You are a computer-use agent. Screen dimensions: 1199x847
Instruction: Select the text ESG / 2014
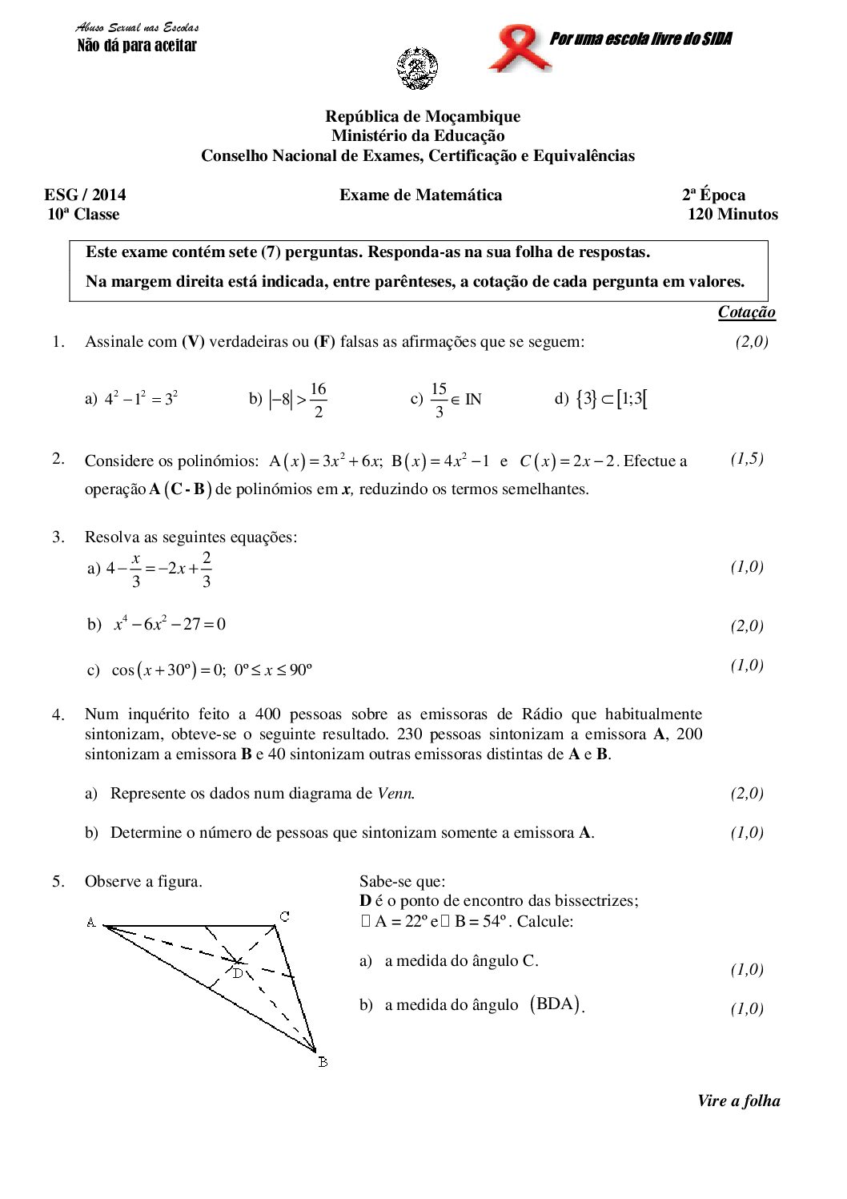coord(85,195)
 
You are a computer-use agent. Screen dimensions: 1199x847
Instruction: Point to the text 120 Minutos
coord(733,214)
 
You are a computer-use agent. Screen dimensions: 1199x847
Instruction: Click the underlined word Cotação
coord(746,312)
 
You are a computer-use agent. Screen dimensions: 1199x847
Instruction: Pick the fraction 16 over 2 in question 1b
coord(318,400)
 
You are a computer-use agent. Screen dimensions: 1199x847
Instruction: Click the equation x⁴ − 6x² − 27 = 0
coord(170,624)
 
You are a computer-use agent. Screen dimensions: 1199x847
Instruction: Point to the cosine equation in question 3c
coord(211,670)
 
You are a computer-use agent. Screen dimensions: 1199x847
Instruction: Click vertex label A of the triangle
coord(91,923)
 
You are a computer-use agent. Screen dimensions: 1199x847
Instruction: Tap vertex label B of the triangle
coord(322,1063)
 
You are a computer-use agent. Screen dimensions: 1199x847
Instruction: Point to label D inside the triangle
coord(238,973)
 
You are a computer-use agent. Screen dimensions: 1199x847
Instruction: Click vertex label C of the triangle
coord(284,915)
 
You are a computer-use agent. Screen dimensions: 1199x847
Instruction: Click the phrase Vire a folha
coord(738,1100)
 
